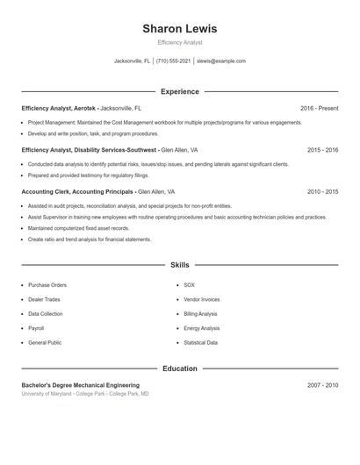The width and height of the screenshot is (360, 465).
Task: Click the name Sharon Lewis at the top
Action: (x=179, y=28)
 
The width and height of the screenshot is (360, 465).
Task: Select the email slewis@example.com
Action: (x=221, y=61)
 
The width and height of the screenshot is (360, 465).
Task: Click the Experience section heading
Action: (x=179, y=91)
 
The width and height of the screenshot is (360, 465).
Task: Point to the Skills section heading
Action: (x=179, y=264)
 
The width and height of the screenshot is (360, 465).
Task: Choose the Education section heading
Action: (x=179, y=368)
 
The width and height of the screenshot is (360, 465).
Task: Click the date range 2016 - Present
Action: (x=319, y=108)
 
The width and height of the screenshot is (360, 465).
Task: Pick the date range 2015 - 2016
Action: (x=322, y=150)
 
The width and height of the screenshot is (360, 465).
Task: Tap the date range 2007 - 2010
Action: (x=322, y=385)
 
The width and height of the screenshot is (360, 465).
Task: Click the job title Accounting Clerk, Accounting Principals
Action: (x=77, y=191)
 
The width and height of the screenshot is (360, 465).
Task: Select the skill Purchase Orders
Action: (x=47, y=285)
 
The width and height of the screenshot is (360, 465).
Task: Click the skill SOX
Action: (x=189, y=285)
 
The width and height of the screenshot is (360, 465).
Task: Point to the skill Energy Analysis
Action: (x=201, y=328)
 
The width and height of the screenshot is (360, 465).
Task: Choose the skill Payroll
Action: (x=37, y=328)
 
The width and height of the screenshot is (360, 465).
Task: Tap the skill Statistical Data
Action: (x=200, y=342)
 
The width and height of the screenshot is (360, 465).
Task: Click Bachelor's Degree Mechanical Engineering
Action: (x=80, y=385)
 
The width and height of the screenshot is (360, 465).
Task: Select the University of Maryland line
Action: (x=85, y=394)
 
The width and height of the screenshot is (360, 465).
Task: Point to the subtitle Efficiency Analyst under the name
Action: (x=179, y=42)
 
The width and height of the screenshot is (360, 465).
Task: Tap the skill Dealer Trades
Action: (x=45, y=299)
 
